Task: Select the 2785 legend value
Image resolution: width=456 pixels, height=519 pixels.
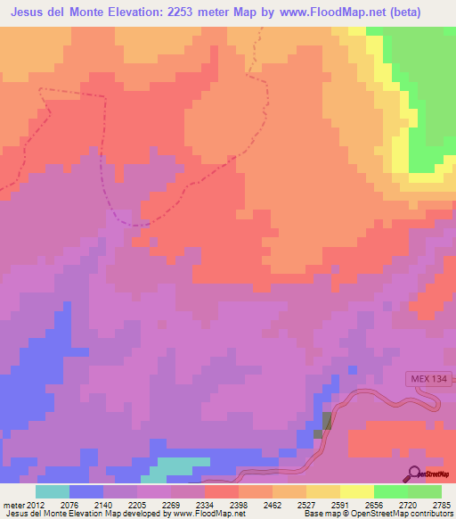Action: click(x=442, y=504)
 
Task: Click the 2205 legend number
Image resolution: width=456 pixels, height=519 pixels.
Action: click(x=137, y=504)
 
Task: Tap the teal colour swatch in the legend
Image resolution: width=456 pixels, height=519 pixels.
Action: click(x=53, y=491)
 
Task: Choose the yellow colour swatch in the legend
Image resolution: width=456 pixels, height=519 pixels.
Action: click(x=357, y=491)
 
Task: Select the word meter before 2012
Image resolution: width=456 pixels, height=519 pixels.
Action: click(x=13, y=504)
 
